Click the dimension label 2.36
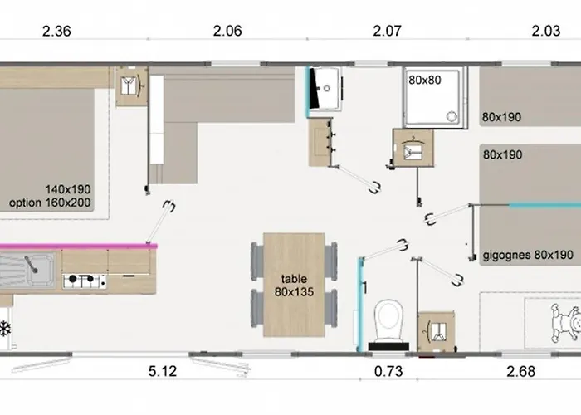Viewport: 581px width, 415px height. (56, 32)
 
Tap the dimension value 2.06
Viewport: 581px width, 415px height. (227, 32)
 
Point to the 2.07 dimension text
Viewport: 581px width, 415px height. (388, 32)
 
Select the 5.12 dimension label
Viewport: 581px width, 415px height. (163, 371)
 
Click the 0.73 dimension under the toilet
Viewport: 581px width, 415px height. (388, 371)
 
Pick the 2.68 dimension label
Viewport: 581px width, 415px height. (521, 371)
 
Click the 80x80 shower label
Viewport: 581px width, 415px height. (425, 80)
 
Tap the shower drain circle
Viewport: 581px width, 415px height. (452, 116)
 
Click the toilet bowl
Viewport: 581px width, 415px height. (388, 320)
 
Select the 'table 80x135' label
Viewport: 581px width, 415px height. (294, 286)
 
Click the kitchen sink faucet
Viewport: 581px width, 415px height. (31, 264)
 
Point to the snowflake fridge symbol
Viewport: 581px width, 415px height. (4, 329)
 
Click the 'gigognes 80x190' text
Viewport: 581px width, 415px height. (528, 255)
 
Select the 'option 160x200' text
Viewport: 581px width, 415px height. (50, 203)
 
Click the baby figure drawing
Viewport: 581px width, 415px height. (566, 322)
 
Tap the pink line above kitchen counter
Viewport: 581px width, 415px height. (78, 246)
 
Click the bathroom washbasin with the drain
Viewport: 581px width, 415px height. (325, 88)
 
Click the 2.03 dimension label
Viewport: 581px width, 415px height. (546, 32)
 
